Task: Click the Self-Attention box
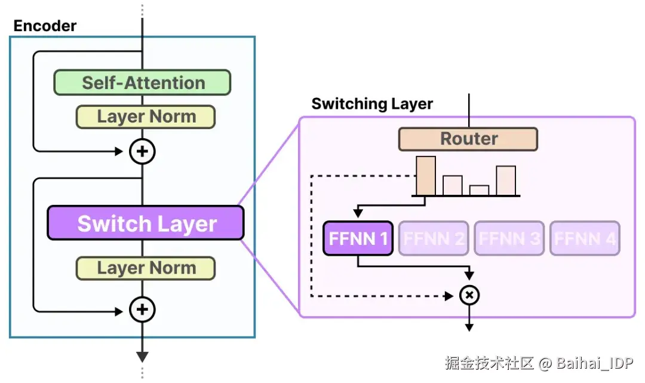click(142, 82)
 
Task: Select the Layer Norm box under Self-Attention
click(145, 117)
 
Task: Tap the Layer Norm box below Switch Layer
click(145, 268)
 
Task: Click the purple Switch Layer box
click(146, 223)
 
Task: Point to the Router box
click(468, 139)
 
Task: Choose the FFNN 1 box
click(358, 239)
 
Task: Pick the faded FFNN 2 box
click(434, 239)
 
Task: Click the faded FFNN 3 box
click(509, 239)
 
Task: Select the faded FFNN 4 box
click(585, 239)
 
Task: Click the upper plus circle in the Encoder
click(142, 152)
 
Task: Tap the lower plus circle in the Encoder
click(142, 310)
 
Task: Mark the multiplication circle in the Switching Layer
click(469, 295)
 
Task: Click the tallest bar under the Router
click(426, 176)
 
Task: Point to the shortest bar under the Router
click(480, 190)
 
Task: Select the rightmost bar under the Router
click(506, 180)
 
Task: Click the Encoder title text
click(45, 26)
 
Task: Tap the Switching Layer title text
click(372, 104)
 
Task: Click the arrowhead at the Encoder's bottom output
click(142, 357)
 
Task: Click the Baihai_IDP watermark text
click(594, 363)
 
